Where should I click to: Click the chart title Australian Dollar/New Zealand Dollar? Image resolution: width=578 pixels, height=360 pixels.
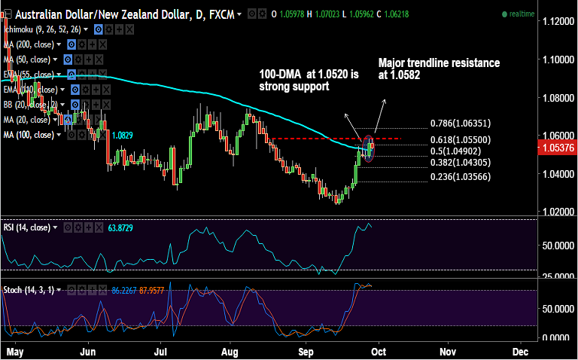98,14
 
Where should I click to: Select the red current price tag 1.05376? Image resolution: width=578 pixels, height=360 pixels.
559,148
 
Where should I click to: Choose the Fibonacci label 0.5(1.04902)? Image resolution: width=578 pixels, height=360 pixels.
456,151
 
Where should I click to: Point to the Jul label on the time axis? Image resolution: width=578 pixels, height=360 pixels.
160,352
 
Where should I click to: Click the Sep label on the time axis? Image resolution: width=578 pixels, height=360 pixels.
305,352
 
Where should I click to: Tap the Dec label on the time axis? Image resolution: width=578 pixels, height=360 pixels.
520,352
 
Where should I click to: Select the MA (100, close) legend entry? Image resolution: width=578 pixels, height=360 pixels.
29,134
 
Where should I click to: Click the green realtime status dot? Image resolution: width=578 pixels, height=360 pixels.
504,14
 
